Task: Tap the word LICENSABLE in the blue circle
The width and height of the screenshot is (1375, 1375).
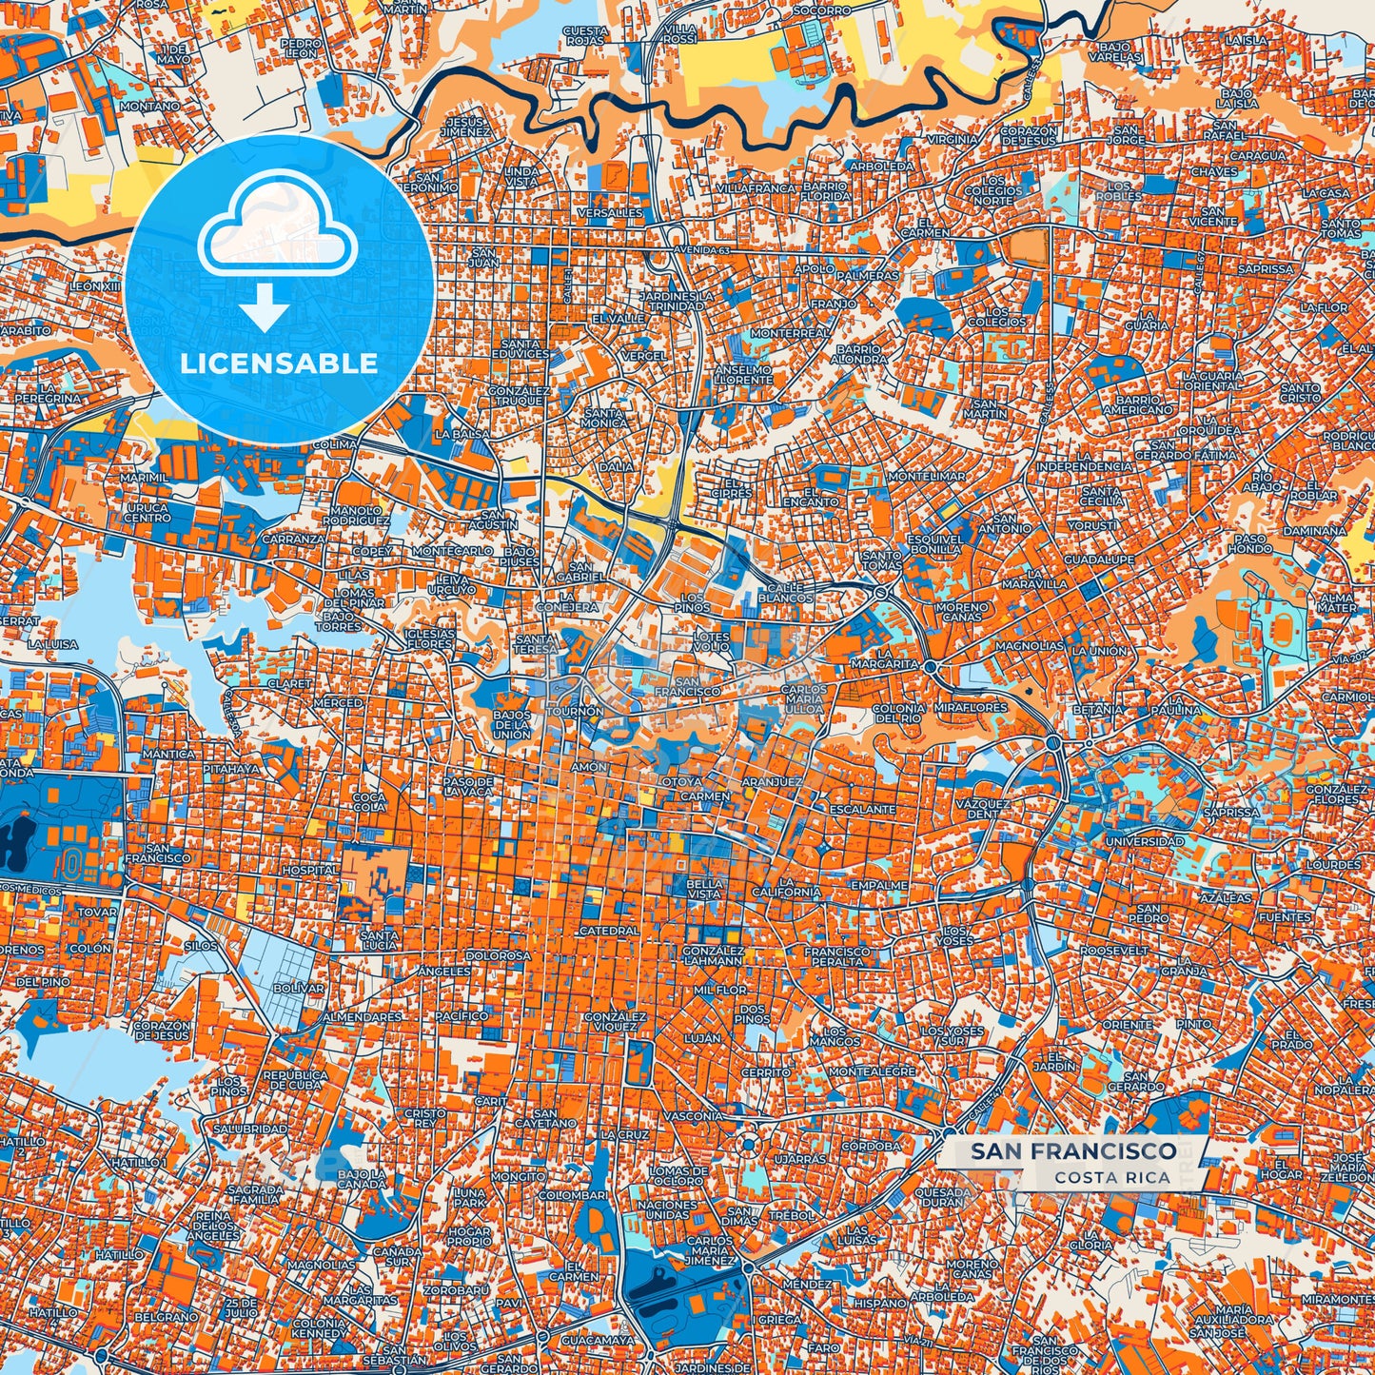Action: tap(279, 363)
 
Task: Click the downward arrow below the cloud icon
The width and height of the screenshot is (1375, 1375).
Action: tap(265, 309)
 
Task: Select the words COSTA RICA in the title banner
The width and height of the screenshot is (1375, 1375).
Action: tap(1112, 1177)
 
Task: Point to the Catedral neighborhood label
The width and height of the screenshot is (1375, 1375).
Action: tap(608, 931)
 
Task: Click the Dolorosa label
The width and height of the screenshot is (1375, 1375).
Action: tap(498, 955)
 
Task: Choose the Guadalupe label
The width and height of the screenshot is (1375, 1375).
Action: tap(1099, 560)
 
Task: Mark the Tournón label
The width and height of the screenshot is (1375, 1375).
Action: tap(575, 711)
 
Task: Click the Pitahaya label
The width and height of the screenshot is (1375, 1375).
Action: tap(231, 768)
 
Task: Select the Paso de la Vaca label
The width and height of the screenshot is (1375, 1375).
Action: tap(468, 786)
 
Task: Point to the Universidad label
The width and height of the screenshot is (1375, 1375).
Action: tap(1145, 842)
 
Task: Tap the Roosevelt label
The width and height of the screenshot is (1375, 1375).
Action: tap(1114, 951)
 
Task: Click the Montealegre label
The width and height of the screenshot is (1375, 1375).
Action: tap(872, 1071)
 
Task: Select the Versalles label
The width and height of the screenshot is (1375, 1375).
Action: tap(609, 213)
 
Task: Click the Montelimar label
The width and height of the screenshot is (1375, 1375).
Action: tap(926, 476)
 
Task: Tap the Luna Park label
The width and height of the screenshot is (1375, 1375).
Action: tap(469, 1197)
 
